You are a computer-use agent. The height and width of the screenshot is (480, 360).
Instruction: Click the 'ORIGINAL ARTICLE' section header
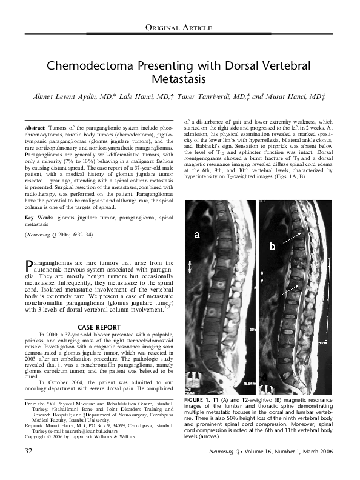(x=179, y=28)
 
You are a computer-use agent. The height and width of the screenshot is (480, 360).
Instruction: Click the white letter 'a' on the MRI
(x=197, y=235)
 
